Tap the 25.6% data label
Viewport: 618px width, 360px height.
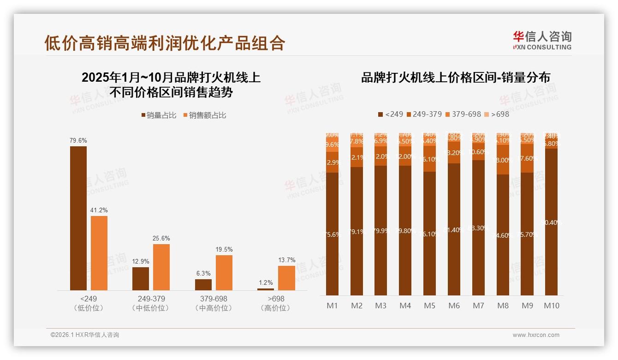tap(161, 239)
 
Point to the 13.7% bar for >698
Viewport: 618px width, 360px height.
tap(286, 278)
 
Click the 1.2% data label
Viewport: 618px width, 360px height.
tap(266, 283)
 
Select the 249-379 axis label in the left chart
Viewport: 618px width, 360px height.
tap(151, 299)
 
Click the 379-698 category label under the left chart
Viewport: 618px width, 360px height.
tap(214, 299)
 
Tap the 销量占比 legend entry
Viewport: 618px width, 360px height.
tap(159, 115)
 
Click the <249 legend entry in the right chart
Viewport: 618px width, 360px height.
tap(390, 114)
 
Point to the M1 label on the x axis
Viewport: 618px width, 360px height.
tap(332, 306)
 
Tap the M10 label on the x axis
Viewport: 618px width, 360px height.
tap(551, 306)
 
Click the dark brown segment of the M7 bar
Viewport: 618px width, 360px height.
tap(478, 228)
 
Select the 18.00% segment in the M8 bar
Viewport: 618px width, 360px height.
tap(503, 160)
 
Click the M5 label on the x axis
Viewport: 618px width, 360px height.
tap(429, 306)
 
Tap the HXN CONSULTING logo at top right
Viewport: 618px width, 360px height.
tap(542, 40)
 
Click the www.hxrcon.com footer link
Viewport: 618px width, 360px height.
tap(536, 335)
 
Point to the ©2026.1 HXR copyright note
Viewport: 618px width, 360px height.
tap(85, 335)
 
